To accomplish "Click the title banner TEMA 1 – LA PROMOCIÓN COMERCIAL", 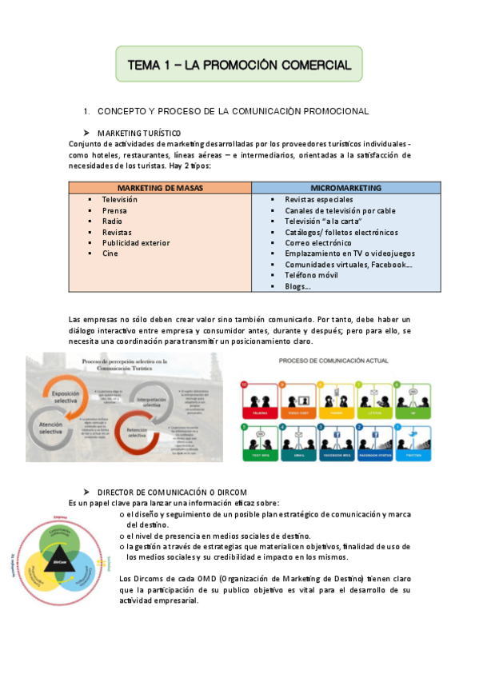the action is click(x=239, y=64).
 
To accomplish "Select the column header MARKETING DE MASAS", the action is click(x=160, y=187).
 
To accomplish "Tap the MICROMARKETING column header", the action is click(x=345, y=187).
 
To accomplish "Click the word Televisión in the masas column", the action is click(x=120, y=199).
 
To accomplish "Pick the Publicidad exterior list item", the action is click(x=136, y=242).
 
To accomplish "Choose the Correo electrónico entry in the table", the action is click(x=318, y=242).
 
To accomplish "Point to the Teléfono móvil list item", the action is click(x=312, y=275).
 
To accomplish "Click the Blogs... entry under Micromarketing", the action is click(x=297, y=286).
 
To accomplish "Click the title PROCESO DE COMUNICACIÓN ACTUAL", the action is click(x=333, y=361).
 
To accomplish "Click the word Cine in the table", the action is click(x=110, y=253).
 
